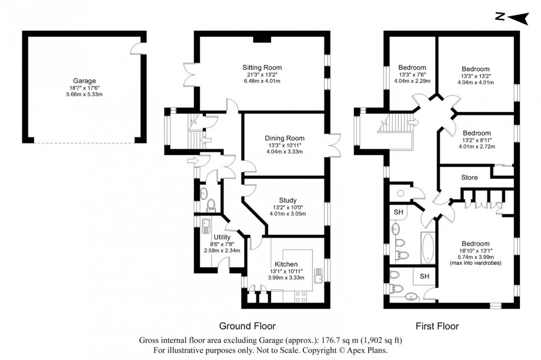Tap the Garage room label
coord(83,80)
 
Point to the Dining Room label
coord(284,138)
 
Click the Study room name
coord(288,200)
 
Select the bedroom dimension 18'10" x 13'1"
coord(475,251)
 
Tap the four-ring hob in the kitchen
coord(302,296)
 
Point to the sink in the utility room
coord(206,225)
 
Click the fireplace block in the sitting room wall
coord(261,39)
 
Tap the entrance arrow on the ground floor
coord(192,161)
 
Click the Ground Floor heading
coord(247,326)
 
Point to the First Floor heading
coord(437,326)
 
